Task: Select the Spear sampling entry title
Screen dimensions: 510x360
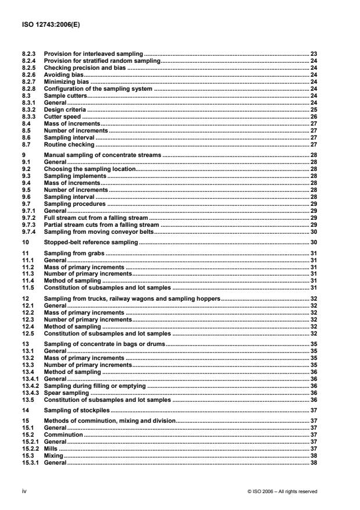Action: click(67, 393)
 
